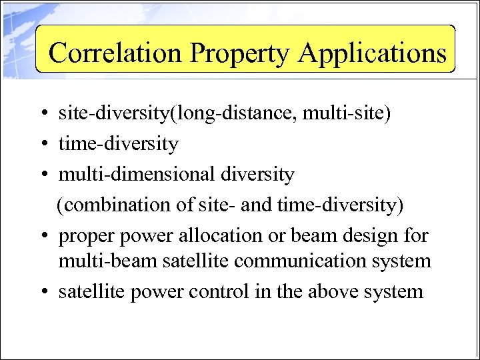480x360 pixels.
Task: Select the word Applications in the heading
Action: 373,53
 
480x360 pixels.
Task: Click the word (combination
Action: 113,205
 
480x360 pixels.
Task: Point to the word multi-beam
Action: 96,260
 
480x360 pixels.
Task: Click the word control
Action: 216,291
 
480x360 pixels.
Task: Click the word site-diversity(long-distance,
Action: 178,114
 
